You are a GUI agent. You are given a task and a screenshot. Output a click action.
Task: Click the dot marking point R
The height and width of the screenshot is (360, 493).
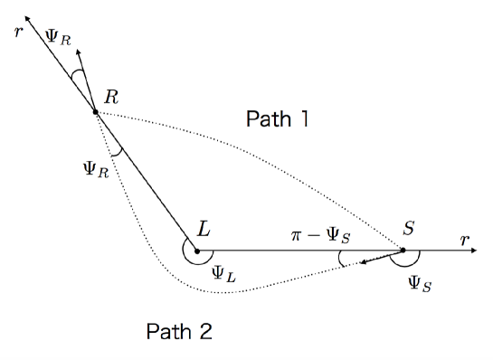[95, 111]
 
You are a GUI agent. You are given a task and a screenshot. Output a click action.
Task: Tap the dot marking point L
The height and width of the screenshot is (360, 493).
[196, 251]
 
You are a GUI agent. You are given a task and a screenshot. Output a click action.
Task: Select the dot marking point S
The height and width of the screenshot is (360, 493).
[403, 251]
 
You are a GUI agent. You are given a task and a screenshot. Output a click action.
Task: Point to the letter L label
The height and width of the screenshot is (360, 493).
[204, 231]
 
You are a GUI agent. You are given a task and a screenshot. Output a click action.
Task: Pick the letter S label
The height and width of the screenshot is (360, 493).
[409, 230]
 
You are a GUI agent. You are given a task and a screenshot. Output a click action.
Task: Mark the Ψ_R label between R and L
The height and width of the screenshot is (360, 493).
[92, 168]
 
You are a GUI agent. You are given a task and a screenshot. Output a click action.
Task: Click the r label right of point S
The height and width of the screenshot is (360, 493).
[464, 241]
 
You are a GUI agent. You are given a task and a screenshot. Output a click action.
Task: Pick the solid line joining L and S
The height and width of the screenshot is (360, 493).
[299, 251]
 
